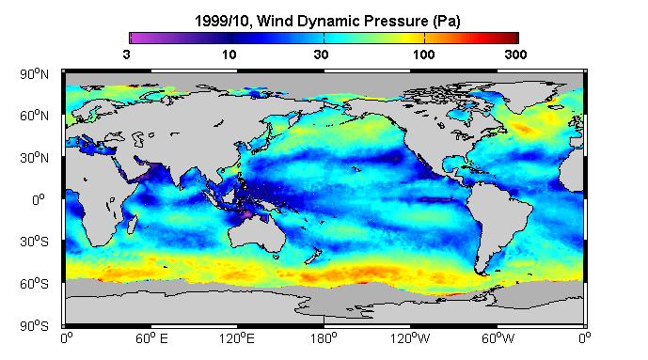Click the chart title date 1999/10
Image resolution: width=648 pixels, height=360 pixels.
coord(222,21)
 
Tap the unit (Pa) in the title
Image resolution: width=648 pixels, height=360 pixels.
coord(447,21)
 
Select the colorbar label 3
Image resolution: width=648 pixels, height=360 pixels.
coord(126,55)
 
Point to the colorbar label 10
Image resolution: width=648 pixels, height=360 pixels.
coord(229,55)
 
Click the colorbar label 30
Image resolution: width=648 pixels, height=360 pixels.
coord(321,55)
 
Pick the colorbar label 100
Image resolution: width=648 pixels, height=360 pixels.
coord(423,55)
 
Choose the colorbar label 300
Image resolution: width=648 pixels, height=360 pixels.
coord(515,55)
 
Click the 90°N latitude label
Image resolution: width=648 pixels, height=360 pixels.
coord(34,74)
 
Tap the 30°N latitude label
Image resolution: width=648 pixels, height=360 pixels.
coord(34,158)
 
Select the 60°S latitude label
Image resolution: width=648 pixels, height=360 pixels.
coord(34,284)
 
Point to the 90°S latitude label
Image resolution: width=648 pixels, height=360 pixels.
coord(34,326)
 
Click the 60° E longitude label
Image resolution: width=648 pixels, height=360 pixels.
coord(151,338)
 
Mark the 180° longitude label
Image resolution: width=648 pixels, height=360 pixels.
coord(324,338)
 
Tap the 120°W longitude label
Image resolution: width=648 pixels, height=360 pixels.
coord(410,338)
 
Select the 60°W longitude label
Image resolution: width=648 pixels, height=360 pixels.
coord(498,338)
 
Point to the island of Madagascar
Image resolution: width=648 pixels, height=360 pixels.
coord(132,223)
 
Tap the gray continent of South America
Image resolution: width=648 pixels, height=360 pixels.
coord(498,219)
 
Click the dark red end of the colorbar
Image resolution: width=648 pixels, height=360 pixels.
coord(512,38)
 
